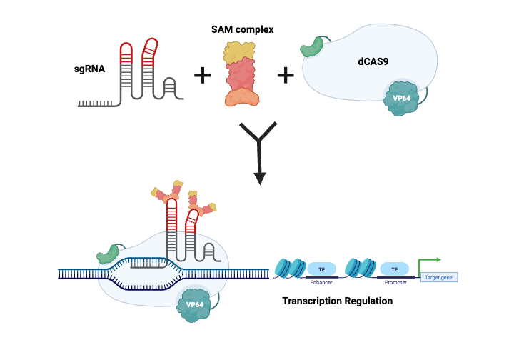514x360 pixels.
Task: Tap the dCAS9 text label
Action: [373, 62]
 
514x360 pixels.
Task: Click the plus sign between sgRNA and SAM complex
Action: [203, 74]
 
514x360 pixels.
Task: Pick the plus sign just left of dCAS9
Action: [286, 74]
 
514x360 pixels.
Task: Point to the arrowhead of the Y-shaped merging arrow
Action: [260, 177]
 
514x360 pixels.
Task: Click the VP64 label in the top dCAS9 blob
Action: [400, 98]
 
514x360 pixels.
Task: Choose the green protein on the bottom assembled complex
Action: [110, 253]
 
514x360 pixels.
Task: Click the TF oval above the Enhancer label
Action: [322, 269]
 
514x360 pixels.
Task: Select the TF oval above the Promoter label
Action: [393, 269]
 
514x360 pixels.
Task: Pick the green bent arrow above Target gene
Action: [430, 263]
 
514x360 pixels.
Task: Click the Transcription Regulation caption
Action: [337, 301]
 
